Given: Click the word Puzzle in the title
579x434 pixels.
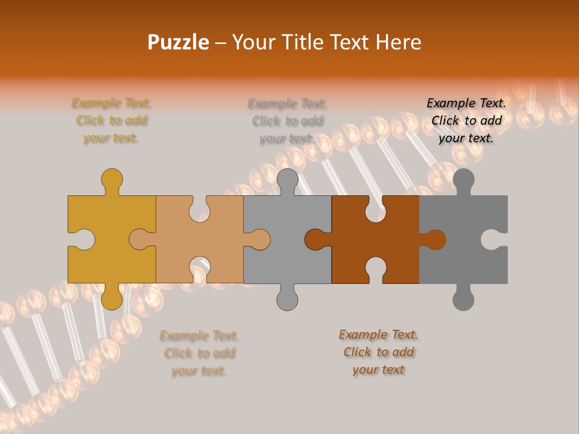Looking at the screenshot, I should coord(179,42).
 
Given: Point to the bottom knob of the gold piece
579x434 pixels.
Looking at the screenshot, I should coord(112,299).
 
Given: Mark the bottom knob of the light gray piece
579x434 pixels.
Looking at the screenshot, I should coord(287,299).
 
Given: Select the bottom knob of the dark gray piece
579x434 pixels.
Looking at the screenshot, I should coord(463,299).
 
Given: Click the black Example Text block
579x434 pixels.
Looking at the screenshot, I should coord(466,121).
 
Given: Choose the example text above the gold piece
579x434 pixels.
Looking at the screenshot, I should coord(112,121).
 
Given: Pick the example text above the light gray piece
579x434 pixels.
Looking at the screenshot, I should coord(288,121).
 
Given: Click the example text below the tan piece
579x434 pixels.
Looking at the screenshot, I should coord(199,353).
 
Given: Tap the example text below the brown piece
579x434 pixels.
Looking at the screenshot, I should coord(378,352).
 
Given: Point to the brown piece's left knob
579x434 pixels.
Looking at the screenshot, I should coord(315,239).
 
